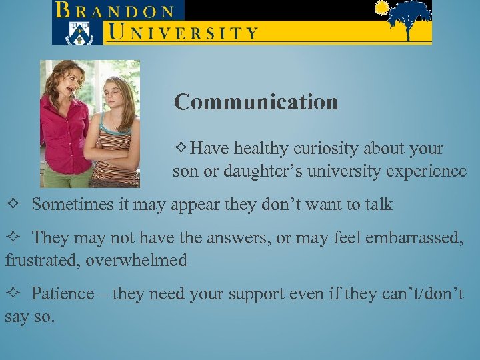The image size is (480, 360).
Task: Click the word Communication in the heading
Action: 256,102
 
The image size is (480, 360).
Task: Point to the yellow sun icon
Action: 381,8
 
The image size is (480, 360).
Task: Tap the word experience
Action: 426,171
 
